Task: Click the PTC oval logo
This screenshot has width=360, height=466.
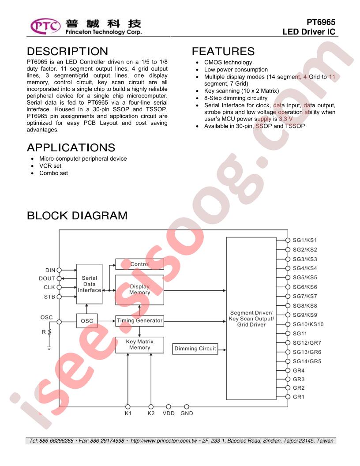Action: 45,26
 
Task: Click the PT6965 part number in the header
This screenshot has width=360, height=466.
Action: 321,23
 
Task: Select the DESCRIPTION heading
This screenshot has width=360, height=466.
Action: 67,52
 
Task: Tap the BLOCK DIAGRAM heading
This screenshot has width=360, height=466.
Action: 77,215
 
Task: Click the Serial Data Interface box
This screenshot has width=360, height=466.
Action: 90,284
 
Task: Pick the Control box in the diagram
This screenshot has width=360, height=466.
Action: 139,264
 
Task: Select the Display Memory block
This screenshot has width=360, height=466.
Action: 139,290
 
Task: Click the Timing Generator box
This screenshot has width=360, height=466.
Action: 139,321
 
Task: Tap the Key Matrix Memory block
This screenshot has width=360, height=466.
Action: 139,345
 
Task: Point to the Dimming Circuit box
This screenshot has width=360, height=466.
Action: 195,349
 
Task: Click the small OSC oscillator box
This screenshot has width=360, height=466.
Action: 87,321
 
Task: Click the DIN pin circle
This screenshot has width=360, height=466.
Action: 59,270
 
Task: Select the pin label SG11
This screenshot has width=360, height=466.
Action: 300,334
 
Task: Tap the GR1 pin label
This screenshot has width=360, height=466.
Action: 299,397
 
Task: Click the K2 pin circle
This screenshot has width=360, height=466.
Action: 151,406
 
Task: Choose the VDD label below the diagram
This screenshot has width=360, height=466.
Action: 169,413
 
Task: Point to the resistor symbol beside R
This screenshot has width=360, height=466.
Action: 49,332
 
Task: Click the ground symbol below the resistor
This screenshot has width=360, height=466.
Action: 49,348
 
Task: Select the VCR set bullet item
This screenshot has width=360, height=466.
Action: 50,166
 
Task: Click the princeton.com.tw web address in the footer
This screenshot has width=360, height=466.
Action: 164,441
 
